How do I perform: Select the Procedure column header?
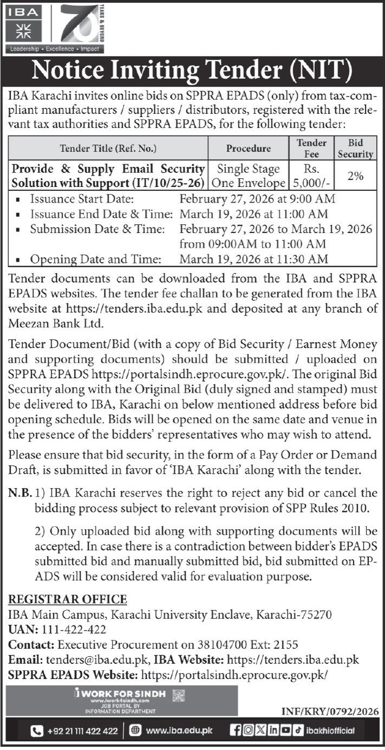point(249,147)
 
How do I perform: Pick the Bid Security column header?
point(356,148)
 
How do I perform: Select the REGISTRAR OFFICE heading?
point(68,599)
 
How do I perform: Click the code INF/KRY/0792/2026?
point(330,712)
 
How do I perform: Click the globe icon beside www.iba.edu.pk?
point(135,731)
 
